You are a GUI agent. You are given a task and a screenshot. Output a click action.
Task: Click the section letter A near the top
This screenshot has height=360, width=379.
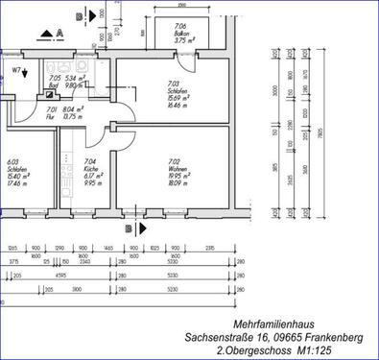59,33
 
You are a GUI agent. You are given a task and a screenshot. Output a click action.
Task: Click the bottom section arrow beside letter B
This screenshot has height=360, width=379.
140,229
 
